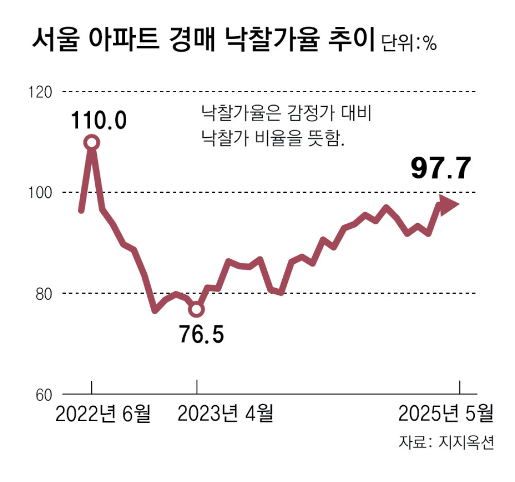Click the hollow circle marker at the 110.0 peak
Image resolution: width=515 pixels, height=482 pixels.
pyautogui.click(x=92, y=142)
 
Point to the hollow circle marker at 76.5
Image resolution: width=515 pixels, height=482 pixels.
pyautogui.click(x=197, y=309)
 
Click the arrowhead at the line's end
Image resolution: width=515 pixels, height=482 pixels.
pyautogui.click(x=449, y=204)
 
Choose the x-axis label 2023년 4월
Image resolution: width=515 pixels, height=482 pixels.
pyautogui.click(x=225, y=413)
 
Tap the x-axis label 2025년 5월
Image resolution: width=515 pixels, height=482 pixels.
pyautogui.click(x=446, y=413)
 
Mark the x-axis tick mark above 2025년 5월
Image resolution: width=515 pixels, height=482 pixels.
pyautogui.click(x=459, y=387)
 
